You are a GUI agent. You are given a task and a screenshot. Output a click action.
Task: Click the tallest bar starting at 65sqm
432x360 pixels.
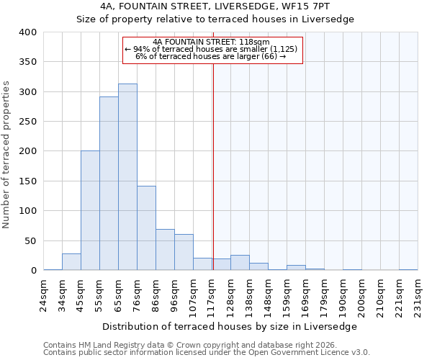[x=127, y=177]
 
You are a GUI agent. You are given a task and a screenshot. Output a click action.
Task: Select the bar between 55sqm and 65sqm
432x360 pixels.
[x=109, y=184]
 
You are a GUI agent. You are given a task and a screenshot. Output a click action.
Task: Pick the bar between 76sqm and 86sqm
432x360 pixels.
[x=146, y=228]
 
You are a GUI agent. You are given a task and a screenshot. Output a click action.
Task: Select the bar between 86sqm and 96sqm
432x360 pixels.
[x=165, y=250]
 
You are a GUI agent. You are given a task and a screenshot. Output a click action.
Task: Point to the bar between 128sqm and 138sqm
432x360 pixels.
[x=240, y=263]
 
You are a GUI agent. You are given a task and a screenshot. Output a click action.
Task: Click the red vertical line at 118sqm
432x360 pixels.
[x=213, y=166]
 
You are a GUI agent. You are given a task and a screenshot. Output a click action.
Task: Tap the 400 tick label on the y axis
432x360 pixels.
[x=28, y=32]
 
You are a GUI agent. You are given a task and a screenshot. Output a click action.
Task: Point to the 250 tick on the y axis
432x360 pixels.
[x=28, y=122]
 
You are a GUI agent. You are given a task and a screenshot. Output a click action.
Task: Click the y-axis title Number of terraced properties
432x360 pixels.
[x=7, y=154]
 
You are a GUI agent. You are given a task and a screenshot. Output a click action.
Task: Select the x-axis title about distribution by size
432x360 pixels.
[x=230, y=326]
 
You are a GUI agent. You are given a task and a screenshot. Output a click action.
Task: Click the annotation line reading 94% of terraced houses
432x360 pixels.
[x=211, y=49]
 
